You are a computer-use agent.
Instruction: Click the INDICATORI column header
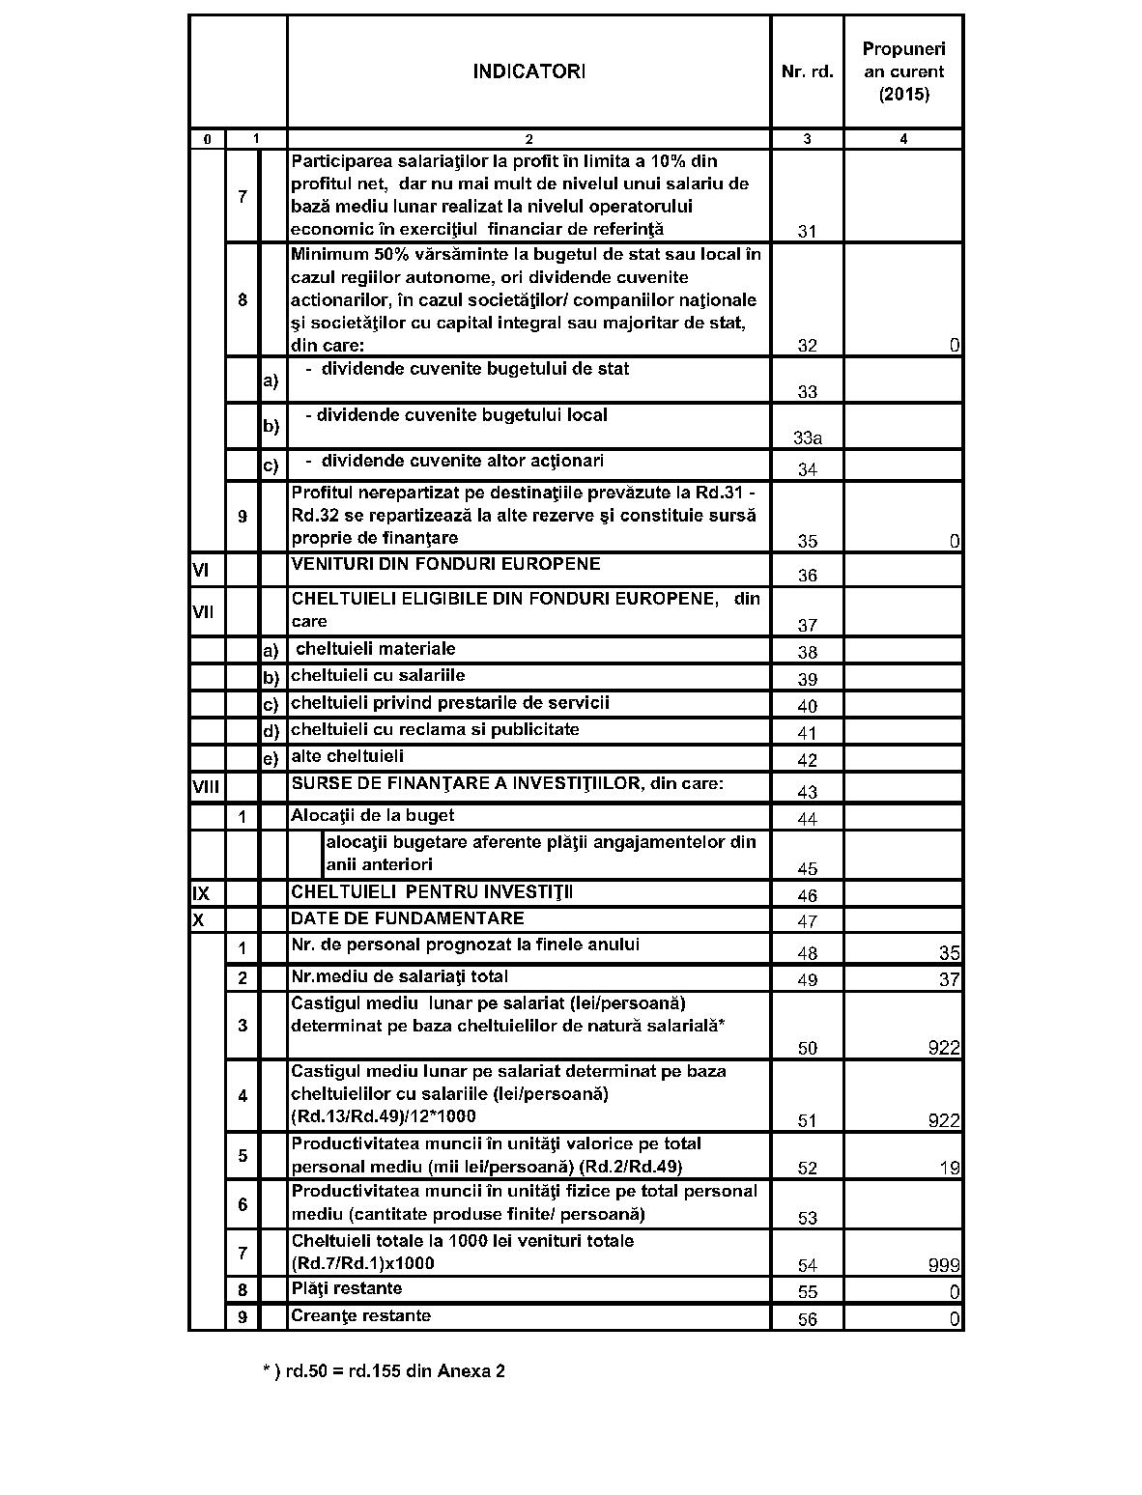coord(528,71)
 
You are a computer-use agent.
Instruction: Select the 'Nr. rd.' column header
coord(807,71)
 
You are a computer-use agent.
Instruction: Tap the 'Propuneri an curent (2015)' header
coord(903,71)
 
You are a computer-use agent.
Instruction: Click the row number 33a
coord(808,437)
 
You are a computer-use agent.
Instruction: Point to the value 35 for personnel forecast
coord(949,953)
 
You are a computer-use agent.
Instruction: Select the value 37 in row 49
coord(949,980)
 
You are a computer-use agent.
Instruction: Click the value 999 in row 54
coord(943,1265)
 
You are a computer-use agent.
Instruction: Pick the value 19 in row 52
coord(949,1168)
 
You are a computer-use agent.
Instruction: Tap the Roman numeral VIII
coord(205,787)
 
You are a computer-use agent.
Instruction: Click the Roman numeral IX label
coord(201,894)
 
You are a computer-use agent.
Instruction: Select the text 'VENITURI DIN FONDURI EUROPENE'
coord(445,564)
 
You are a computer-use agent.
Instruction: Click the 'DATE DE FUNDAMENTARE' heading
coord(408,918)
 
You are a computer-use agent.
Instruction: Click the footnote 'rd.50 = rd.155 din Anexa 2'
coord(384,1370)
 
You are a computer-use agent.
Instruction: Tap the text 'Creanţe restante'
coord(361,1315)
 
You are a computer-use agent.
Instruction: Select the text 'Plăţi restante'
coord(347,1288)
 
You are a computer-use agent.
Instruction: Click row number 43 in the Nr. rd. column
coord(808,792)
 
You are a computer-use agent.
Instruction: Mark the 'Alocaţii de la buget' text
coord(373,815)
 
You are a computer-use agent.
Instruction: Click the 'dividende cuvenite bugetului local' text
coord(462,415)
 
